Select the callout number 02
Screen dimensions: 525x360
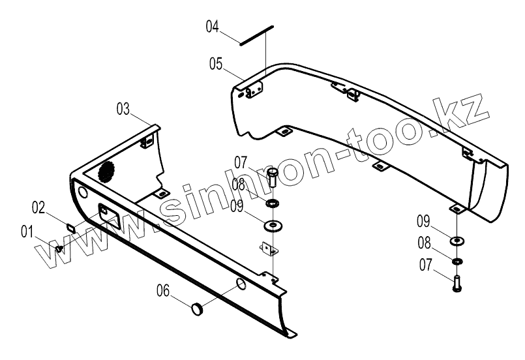point(40,208)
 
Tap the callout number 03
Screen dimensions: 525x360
point(125,109)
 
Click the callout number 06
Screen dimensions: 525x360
point(164,293)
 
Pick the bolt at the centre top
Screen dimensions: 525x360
point(273,176)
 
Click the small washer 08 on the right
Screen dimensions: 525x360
point(457,262)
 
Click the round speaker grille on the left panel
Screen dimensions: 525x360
point(107,171)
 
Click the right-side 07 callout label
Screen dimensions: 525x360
point(426,265)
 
